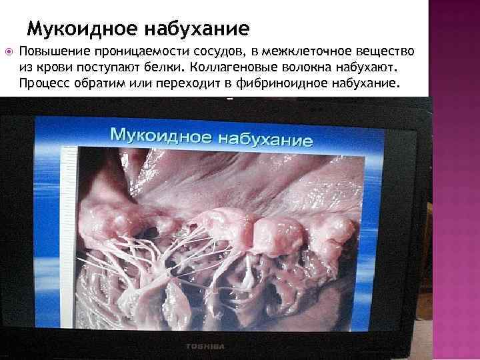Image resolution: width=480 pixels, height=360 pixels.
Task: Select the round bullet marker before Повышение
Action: point(8,51)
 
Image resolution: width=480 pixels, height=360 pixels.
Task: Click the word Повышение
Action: point(49,52)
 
